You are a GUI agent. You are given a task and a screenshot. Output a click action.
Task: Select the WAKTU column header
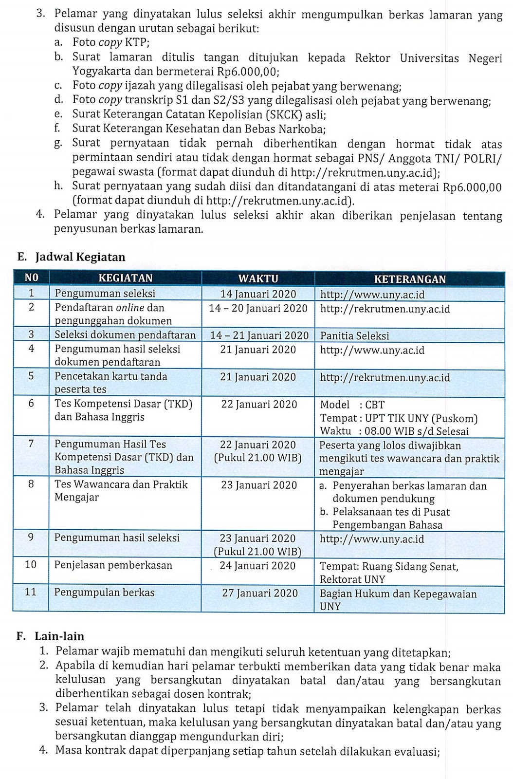(258, 278)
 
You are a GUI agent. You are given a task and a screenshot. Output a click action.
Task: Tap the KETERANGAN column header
(410, 279)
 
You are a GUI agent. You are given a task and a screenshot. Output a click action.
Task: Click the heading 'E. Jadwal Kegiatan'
(71, 257)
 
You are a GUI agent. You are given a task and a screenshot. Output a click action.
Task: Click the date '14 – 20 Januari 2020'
(258, 308)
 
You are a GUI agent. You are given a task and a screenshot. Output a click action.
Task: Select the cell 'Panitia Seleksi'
(354, 336)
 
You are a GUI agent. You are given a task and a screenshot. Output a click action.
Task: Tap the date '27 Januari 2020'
(259, 593)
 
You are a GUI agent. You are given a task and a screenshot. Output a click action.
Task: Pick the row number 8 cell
(31, 484)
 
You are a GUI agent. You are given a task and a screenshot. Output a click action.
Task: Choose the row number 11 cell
(31, 593)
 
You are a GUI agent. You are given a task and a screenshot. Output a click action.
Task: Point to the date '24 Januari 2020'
(257, 566)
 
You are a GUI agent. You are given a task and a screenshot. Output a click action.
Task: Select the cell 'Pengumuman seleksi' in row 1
(105, 293)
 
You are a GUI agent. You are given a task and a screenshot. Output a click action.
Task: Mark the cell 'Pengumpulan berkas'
(104, 593)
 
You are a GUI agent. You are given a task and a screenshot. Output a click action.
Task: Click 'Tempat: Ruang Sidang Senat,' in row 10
(389, 567)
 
